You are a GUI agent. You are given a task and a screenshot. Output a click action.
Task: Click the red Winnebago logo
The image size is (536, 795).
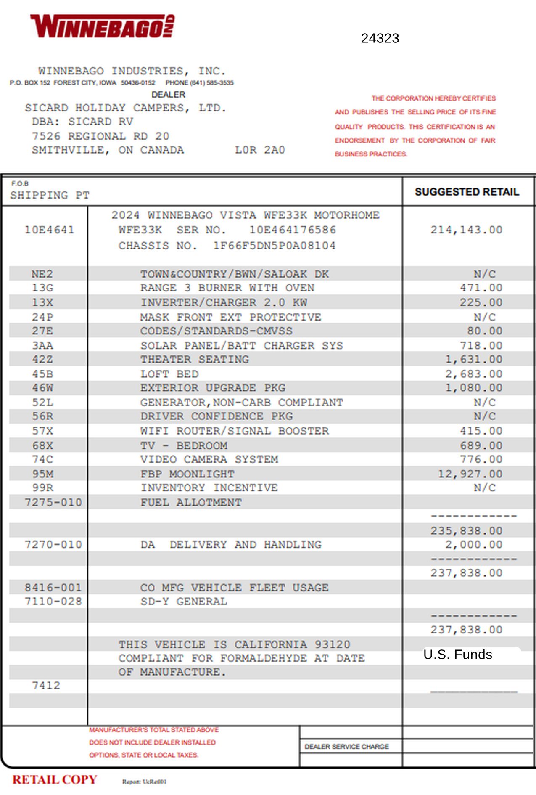pyautogui.click(x=103, y=26)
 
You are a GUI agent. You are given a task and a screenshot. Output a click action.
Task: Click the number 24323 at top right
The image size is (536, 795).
pyautogui.click(x=380, y=38)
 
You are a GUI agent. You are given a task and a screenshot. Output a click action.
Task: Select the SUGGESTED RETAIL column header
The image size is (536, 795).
pyautogui.click(x=467, y=192)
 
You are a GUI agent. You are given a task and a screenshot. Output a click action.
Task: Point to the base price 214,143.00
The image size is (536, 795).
pyautogui.click(x=466, y=230)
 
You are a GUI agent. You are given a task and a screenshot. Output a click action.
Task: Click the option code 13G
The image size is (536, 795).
pyautogui.click(x=42, y=288)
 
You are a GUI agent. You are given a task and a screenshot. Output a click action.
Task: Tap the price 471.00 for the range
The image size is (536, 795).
pyautogui.click(x=481, y=288)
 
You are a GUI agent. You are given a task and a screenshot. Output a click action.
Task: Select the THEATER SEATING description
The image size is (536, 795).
pyautogui.click(x=195, y=360)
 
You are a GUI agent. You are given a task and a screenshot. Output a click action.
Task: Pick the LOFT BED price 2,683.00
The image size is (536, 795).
pyautogui.click(x=474, y=374)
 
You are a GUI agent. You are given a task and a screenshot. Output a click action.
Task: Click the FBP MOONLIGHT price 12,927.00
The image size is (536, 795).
pyautogui.click(x=470, y=474)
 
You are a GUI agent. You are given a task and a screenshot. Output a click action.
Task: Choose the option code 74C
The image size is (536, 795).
pyautogui.click(x=42, y=459)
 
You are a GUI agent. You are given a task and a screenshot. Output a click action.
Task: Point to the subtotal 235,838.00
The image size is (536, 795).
pyautogui.click(x=466, y=531)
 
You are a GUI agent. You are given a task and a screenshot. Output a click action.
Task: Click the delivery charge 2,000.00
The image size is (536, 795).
pyautogui.click(x=474, y=545)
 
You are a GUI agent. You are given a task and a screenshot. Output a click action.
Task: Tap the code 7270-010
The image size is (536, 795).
pyautogui.click(x=53, y=545)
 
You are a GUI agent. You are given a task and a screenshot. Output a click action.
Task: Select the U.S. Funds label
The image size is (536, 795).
pyautogui.click(x=458, y=655)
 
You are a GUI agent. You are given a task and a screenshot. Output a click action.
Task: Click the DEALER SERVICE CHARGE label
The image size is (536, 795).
pyautogui.click(x=346, y=747)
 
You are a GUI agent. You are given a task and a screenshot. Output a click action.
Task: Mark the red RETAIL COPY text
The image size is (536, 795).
pyautogui.click(x=55, y=779)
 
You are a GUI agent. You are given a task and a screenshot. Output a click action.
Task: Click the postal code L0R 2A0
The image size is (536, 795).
pyautogui.click(x=260, y=150)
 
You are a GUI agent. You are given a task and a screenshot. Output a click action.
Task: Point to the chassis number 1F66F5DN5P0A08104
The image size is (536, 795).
pyautogui.click(x=274, y=246)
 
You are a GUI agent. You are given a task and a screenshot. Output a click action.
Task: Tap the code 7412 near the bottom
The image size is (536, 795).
pyautogui.click(x=46, y=686)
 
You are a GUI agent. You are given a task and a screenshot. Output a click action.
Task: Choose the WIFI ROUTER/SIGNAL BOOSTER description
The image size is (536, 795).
pyautogui.click(x=235, y=431)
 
